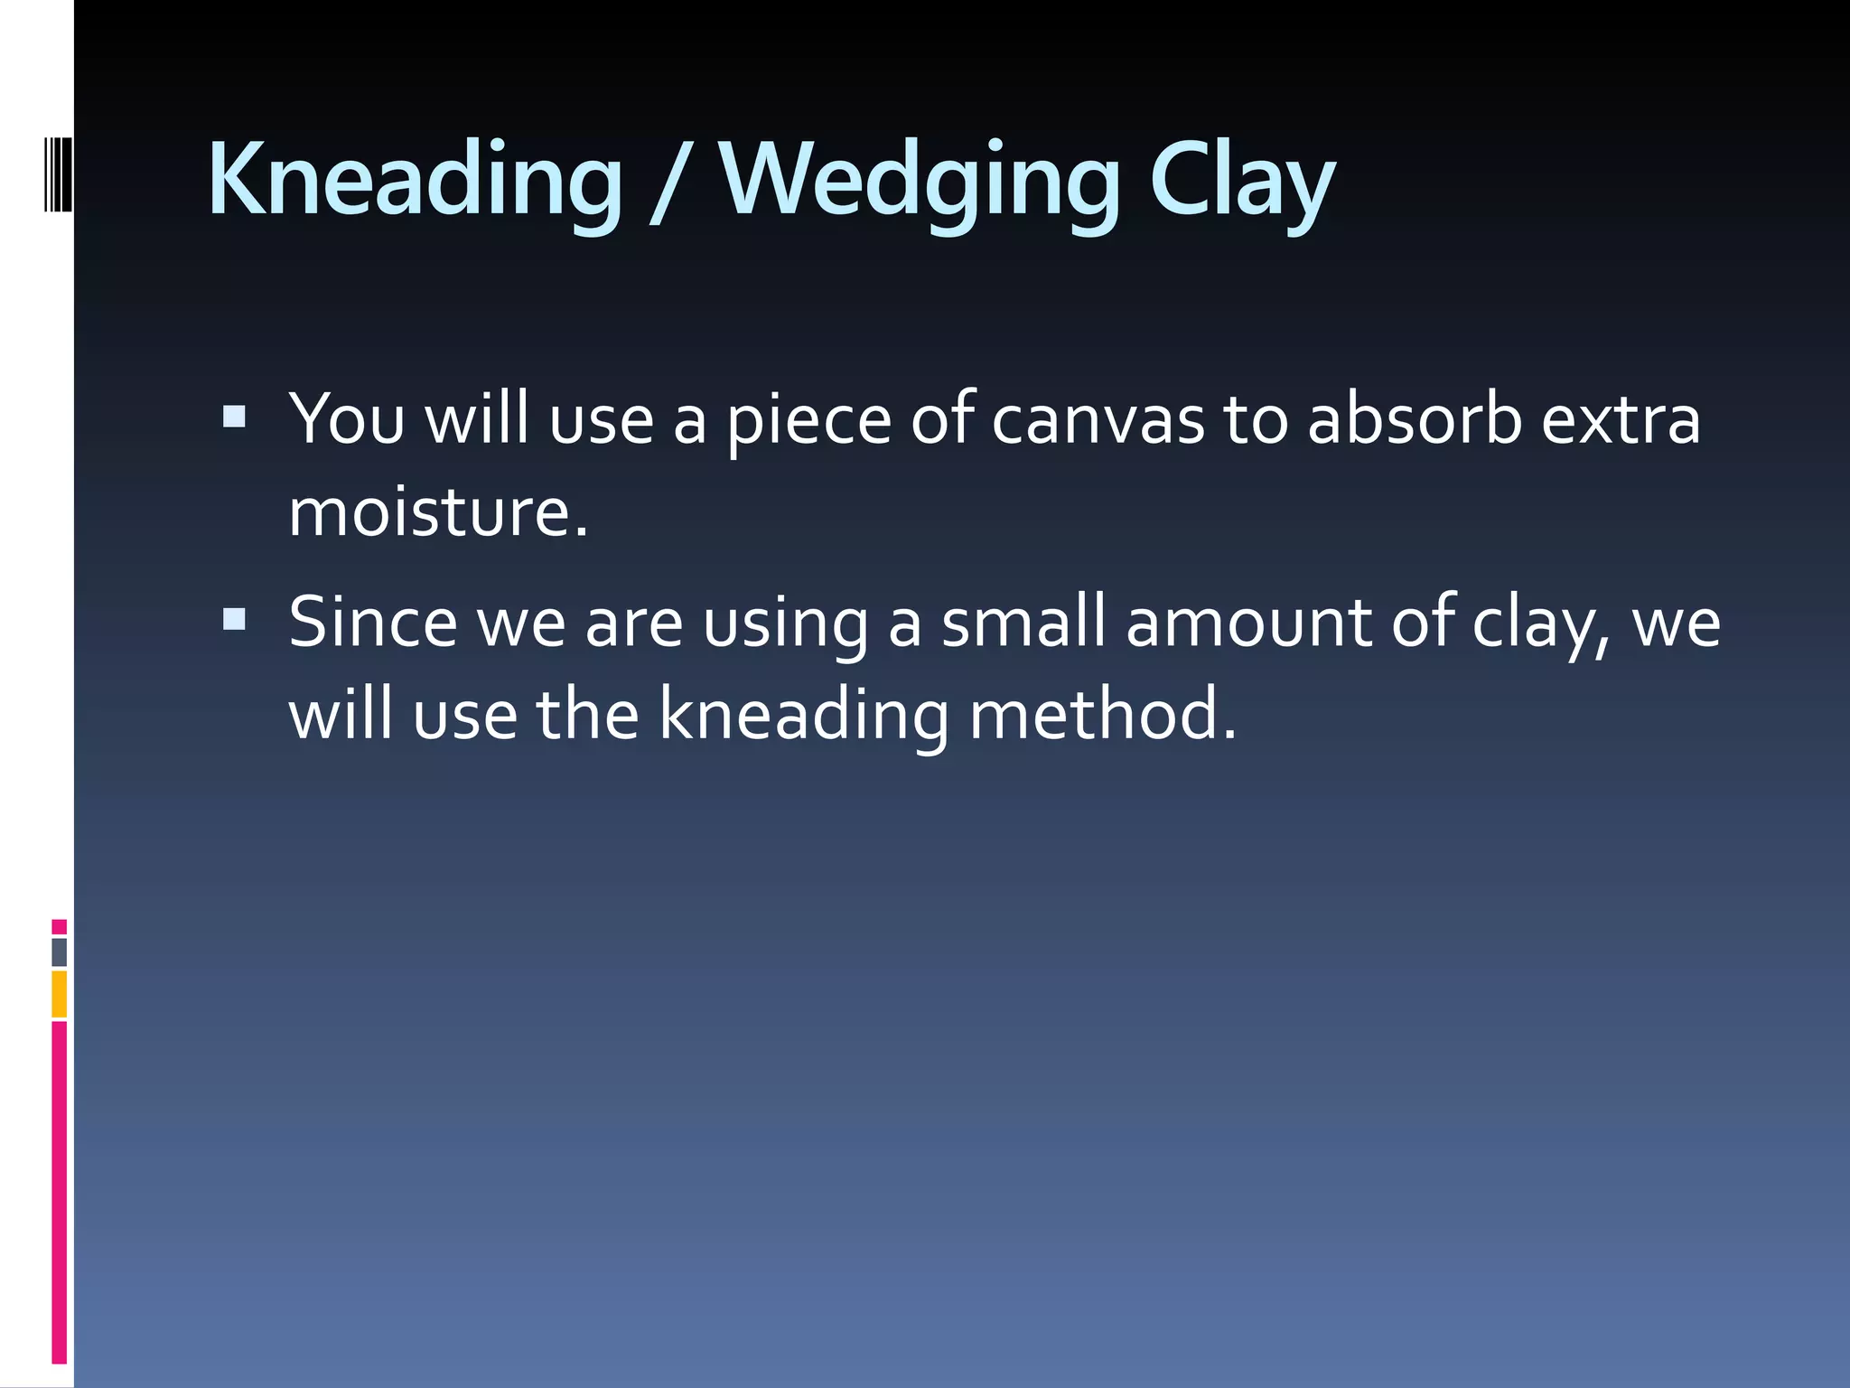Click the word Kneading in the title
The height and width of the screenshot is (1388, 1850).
click(x=415, y=181)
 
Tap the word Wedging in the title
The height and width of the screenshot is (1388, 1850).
click(x=920, y=181)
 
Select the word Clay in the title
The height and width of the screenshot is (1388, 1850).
click(x=1241, y=181)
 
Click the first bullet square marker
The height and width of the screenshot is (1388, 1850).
click(x=234, y=417)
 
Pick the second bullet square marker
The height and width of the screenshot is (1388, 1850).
click(x=234, y=619)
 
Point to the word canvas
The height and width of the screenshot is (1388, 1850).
click(x=1098, y=420)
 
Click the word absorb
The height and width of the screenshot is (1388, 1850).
click(x=1415, y=420)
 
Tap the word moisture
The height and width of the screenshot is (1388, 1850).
click(x=438, y=512)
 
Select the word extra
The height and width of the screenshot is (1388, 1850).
click(x=1621, y=420)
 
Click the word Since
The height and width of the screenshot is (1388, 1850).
click(x=373, y=623)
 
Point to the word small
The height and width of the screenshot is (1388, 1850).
click(x=1023, y=623)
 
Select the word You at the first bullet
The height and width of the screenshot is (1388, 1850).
click(x=346, y=420)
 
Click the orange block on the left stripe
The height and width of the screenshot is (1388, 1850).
click(x=60, y=994)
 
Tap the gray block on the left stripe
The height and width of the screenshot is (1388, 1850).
click(x=60, y=952)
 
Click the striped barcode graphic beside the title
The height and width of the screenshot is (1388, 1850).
click(x=58, y=172)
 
